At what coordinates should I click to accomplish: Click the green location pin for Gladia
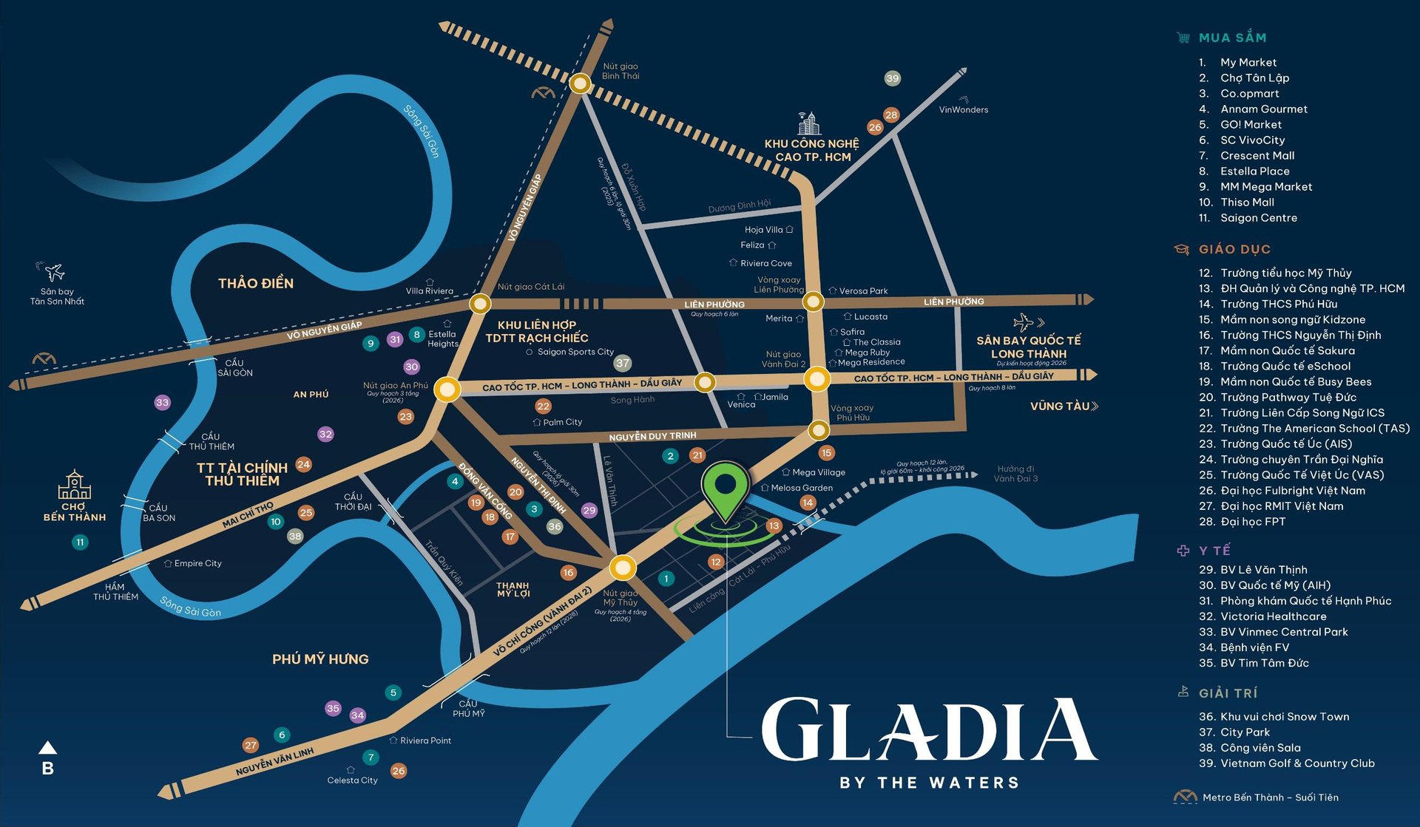[726, 488]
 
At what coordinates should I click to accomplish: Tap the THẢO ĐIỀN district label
[255, 283]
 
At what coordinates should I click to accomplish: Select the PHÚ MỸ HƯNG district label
[320, 658]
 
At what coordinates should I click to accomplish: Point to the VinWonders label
[963, 110]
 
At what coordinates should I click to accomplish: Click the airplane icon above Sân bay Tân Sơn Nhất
[53, 272]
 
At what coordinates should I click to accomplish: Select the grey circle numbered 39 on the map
[893, 78]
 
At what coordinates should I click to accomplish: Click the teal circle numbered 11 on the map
[80, 542]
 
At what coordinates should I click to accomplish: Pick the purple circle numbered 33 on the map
[162, 403]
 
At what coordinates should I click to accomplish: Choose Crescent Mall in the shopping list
[1257, 156]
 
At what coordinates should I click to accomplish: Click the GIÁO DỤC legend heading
[1234, 250]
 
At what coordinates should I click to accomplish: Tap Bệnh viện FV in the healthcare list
[1254, 647]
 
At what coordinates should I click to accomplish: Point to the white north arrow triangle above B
[47, 747]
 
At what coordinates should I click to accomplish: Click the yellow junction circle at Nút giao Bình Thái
[581, 84]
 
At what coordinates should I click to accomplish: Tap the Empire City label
[197, 563]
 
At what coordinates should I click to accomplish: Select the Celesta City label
[352, 780]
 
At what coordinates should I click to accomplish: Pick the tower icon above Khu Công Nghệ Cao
[809, 123]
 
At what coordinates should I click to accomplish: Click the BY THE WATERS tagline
[929, 783]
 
